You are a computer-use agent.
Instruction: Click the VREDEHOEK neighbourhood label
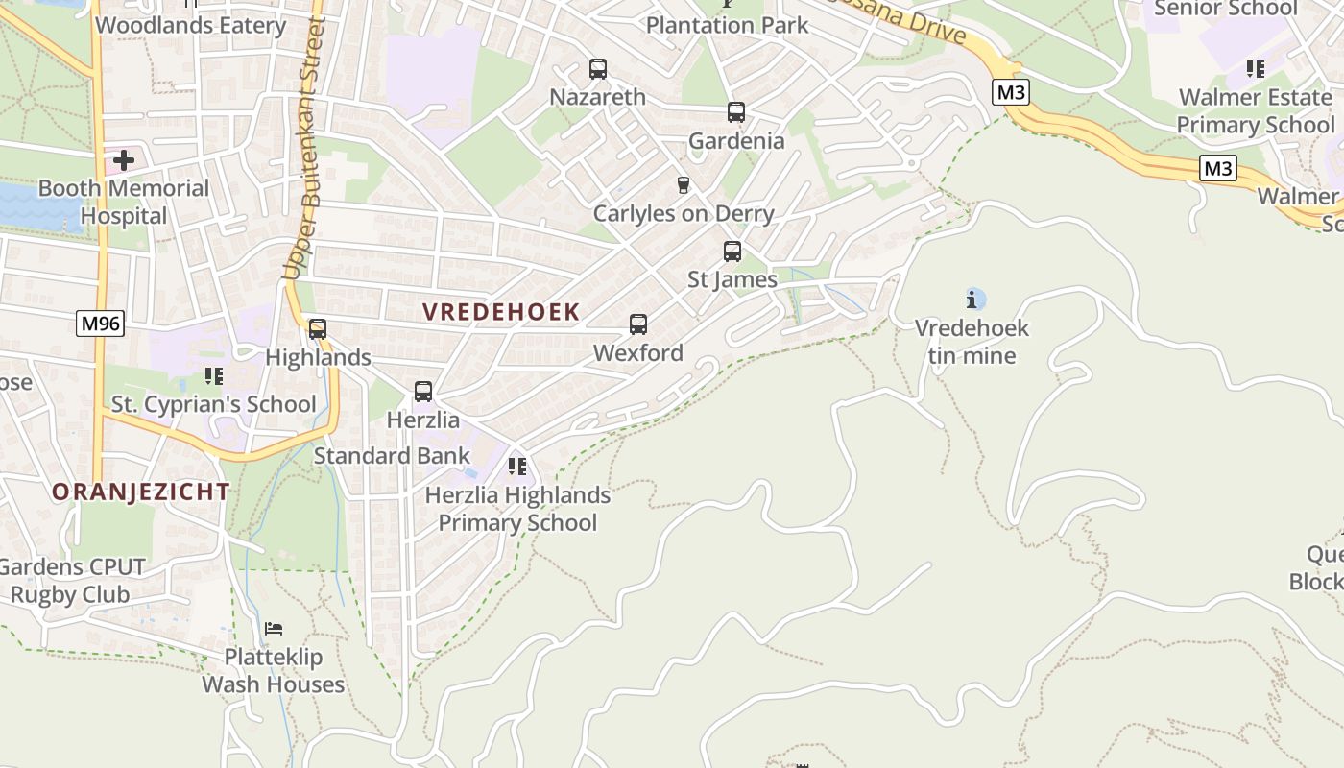pyautogui.click(x=501, y=312)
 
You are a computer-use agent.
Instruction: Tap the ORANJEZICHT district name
pyautogui.click(x=140, y=492)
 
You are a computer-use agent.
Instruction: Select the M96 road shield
pyautogui.click(x=101, y=324)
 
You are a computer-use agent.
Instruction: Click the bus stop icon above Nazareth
pyautogui.click(x=598, y=69)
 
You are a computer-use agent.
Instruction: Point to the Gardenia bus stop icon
pyautogui.click(x=736, y=112)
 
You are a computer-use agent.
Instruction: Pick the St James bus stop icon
pyautogui.click(x=732, y=252)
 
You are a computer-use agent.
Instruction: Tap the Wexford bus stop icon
pyautogui.click(x=638, y=324)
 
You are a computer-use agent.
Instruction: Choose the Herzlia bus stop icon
pyautogui.click(x=423, y=392)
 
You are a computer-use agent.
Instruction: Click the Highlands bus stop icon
pyautogui.click(x=318, y=329)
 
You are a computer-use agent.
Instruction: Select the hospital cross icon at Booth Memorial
pyautogui.click(x=124, y=159)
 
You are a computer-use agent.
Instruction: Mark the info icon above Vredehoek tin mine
pyautogui.click(x=975, y=300)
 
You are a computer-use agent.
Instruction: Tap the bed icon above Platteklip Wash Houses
pyautogui.click(x=274, y=630)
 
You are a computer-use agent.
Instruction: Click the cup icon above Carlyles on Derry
pyautogui.click(x=684, y=184)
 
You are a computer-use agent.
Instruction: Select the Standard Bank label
pyautogui.click(x=392, y=456)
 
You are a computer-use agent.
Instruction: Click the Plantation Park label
pyautogui.click(x=728, y=25)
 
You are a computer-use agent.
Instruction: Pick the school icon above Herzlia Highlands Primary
pyautogui.click(x=517, y=468)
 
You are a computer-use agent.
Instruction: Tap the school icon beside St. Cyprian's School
pyautogui.click(x=213, y=376)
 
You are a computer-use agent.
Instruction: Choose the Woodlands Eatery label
pyautogui.click(x=191, y=25)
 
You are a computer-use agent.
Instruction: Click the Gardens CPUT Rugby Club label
pyautogui.click(x=71, y=581)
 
